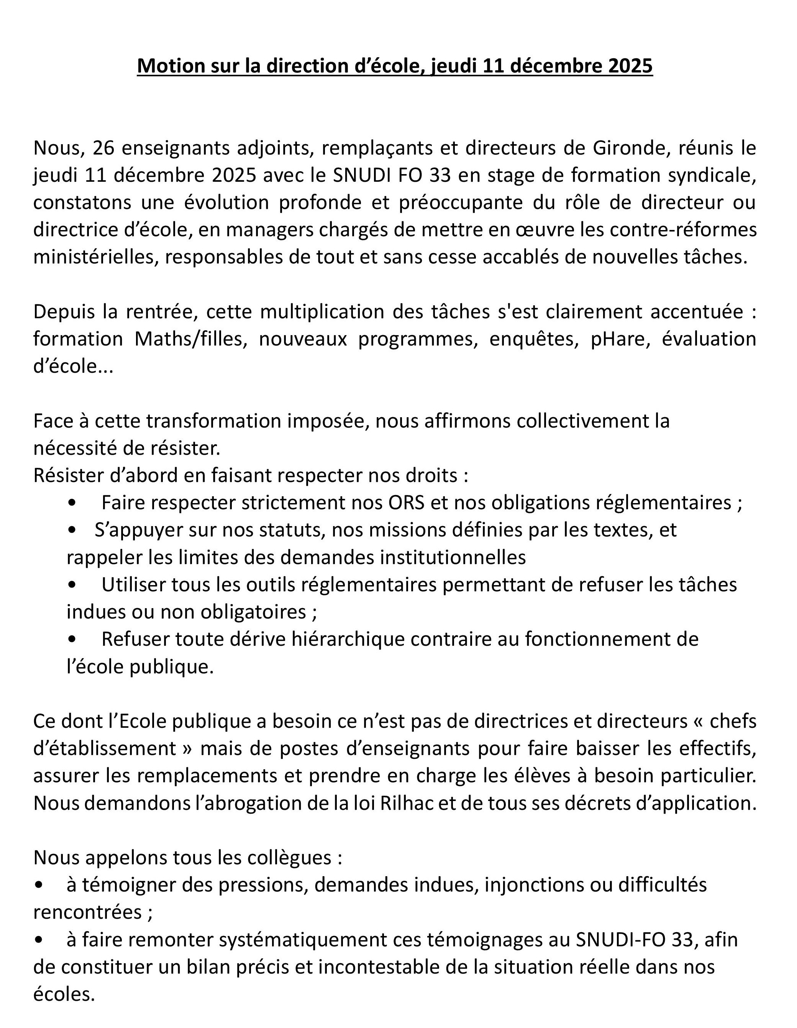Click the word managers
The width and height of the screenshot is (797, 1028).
pos(275,230)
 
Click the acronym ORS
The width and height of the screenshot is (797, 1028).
pos(407,503)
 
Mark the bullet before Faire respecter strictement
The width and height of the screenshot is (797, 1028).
pos(72,503)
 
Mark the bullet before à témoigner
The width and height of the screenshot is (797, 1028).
pos(39,885)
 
